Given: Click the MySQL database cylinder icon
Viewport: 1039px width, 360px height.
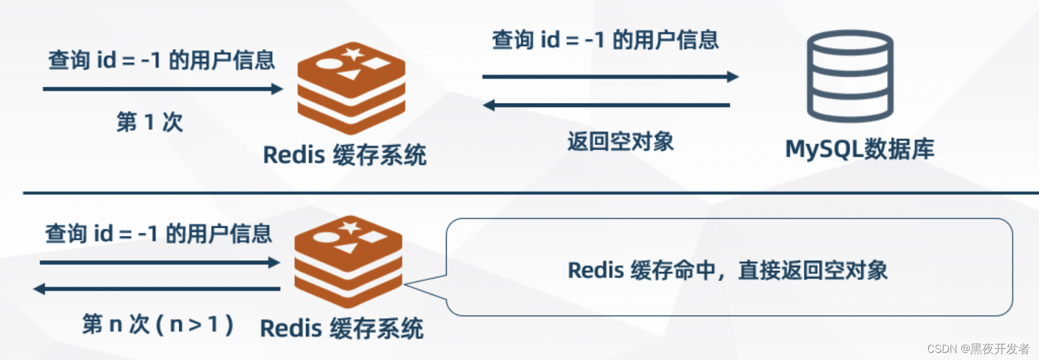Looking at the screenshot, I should [849, 76].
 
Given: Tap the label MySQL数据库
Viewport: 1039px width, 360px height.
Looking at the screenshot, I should [859, 149].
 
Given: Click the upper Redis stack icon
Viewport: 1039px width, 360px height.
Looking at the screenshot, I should [352, 88].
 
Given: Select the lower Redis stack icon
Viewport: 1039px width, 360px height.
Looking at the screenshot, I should [348, 261].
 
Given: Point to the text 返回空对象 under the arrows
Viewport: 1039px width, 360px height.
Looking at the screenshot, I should [620, 142].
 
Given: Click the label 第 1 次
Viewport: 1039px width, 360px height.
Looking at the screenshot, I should [149, 122].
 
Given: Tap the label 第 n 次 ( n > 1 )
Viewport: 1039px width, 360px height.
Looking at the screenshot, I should [158, 324].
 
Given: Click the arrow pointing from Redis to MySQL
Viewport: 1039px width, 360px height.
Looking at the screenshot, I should [610, 77].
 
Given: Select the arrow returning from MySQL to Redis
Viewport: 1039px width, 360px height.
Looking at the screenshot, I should [607, 105].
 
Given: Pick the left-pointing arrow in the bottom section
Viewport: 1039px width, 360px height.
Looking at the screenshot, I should [157, 289].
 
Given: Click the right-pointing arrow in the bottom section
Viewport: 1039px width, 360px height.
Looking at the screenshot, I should [160, 263].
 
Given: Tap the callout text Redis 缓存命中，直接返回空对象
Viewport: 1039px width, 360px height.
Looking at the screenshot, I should [727, 270].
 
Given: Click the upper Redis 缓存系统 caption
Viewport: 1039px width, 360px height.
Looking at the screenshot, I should [344, 155].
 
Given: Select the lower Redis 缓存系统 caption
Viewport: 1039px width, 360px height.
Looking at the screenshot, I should [341, 328].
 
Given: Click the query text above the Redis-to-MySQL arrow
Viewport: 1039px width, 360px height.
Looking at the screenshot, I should [605, 40].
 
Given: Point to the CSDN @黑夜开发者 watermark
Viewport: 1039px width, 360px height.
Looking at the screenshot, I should [977, 349].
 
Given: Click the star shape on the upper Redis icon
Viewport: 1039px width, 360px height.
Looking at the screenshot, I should [352, 54].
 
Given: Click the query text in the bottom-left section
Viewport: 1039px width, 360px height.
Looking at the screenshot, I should [158, 234].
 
